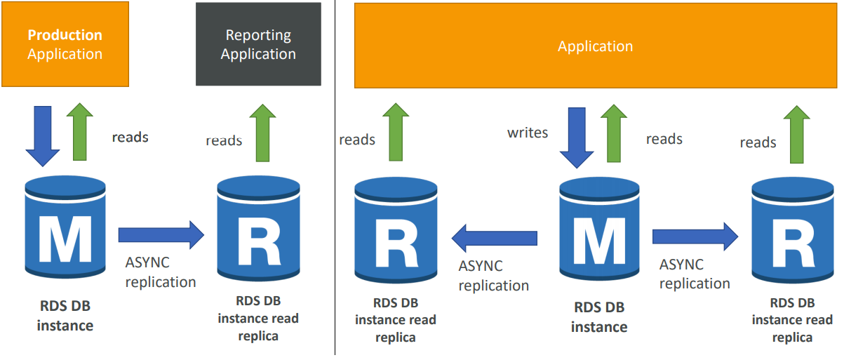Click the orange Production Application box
click(65, 44)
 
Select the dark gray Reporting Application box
click(258, 44)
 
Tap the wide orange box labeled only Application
click(595, 46)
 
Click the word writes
click(528, 133)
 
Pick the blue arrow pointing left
click(494, 237)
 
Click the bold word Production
click(65, 35)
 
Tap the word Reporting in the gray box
click(258, 35)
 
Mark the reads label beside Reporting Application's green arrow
click(224, 141)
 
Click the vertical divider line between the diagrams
click(335, 180)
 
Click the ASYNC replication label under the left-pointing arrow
click(493, 276)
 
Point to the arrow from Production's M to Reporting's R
click(161, 235)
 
